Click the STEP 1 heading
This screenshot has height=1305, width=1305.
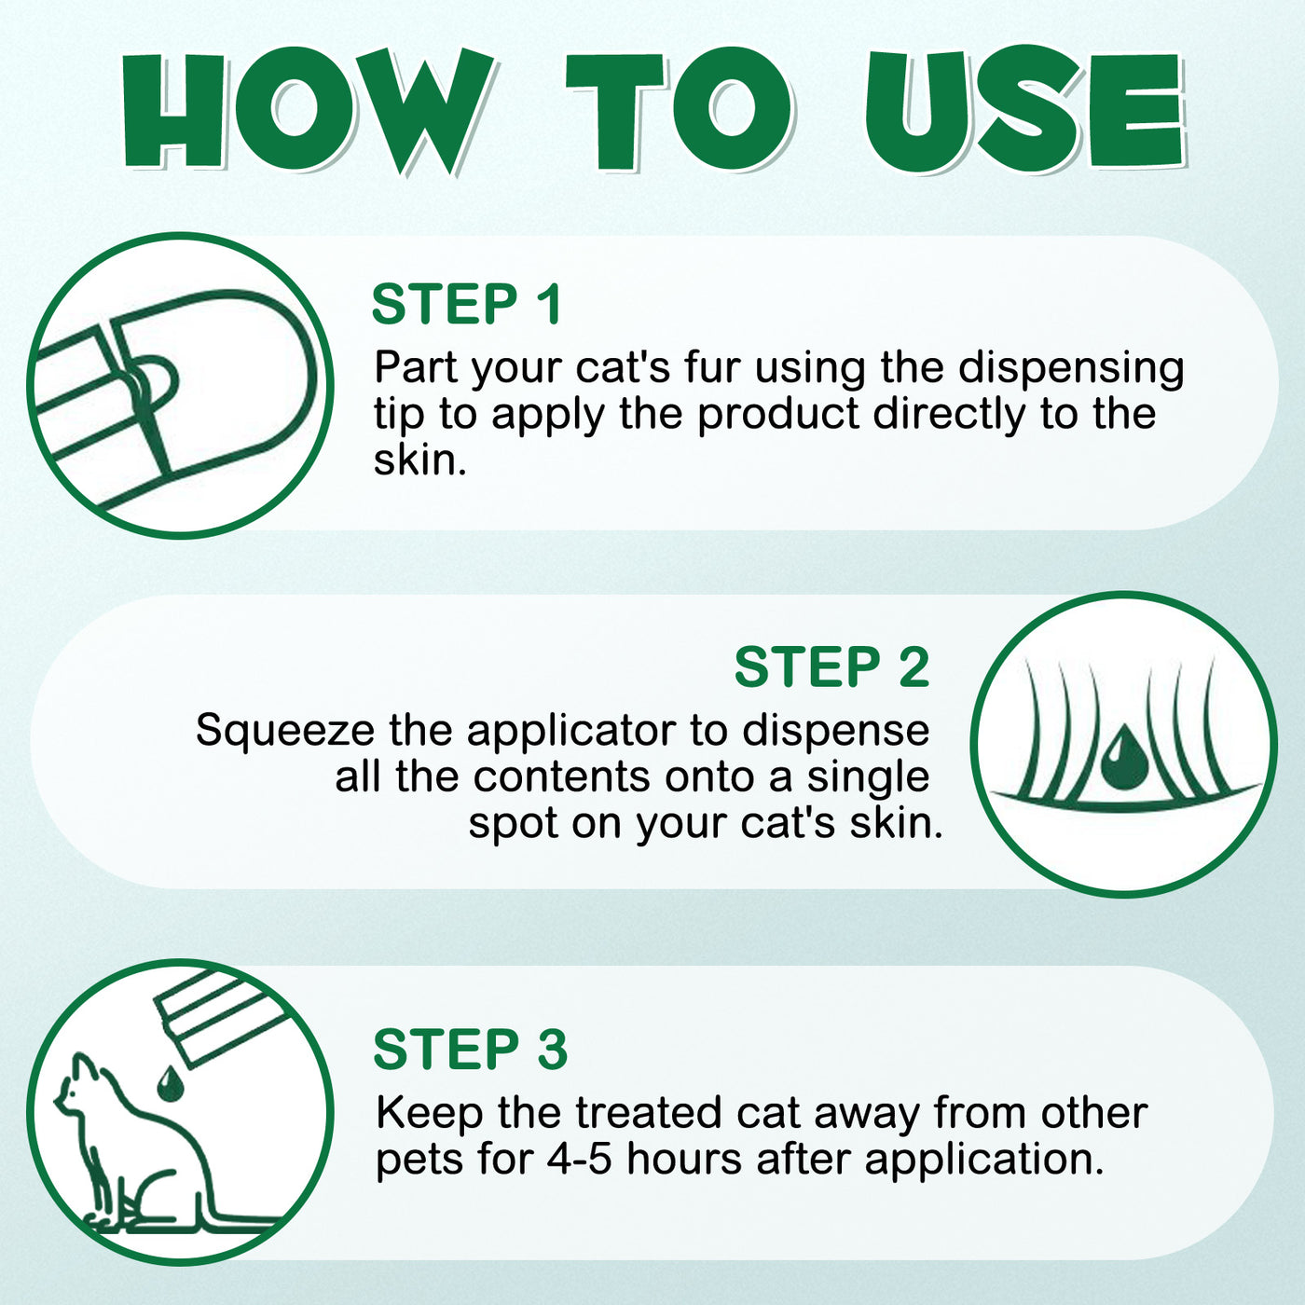[467, 305]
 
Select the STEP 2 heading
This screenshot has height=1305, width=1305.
[831, 667]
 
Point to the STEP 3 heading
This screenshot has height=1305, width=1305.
[471, 1050]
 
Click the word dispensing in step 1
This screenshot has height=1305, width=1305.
[1071, 367]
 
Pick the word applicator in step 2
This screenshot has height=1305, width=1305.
[572, 732]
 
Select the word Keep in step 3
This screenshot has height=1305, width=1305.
[430, 1113]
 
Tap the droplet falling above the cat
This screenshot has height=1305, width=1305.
[169, 1082]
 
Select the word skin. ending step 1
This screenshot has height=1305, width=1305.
[419, 460]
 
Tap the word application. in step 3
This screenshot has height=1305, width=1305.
[983, 1161]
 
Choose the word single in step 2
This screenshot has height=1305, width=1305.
[868, 776]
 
